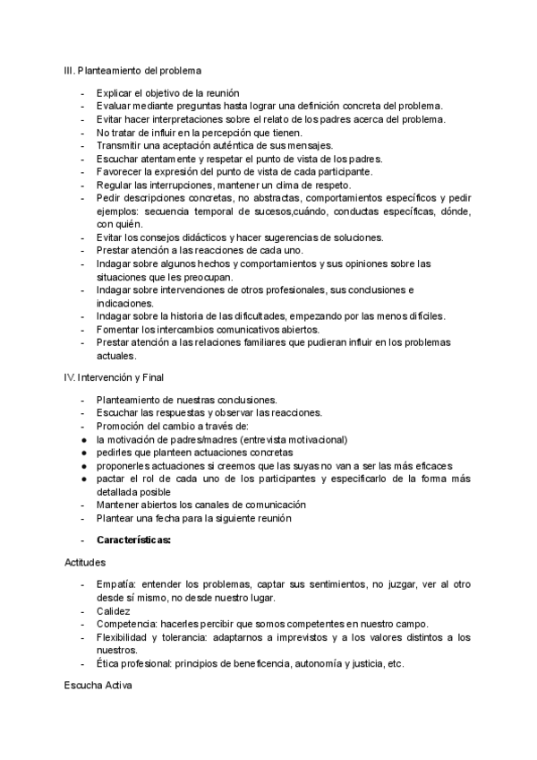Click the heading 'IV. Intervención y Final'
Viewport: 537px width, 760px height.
[115, 377]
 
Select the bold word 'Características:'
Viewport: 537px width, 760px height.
[133, 540]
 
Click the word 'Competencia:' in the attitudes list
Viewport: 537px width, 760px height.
[127, 623]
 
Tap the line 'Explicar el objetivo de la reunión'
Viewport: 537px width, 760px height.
[167, 93]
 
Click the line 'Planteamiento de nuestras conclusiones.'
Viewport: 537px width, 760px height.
[186, 400]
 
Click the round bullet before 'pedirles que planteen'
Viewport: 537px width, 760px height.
[83, 453]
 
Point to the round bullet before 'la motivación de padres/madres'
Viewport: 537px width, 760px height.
[83, 440]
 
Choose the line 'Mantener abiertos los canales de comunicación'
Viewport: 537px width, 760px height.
[200, 505]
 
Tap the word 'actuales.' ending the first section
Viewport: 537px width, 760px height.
[115, 355]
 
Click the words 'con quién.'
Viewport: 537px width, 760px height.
[118, 223]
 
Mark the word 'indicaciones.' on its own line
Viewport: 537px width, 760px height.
[124, 303]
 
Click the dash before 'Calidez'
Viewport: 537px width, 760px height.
[83, 609]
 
